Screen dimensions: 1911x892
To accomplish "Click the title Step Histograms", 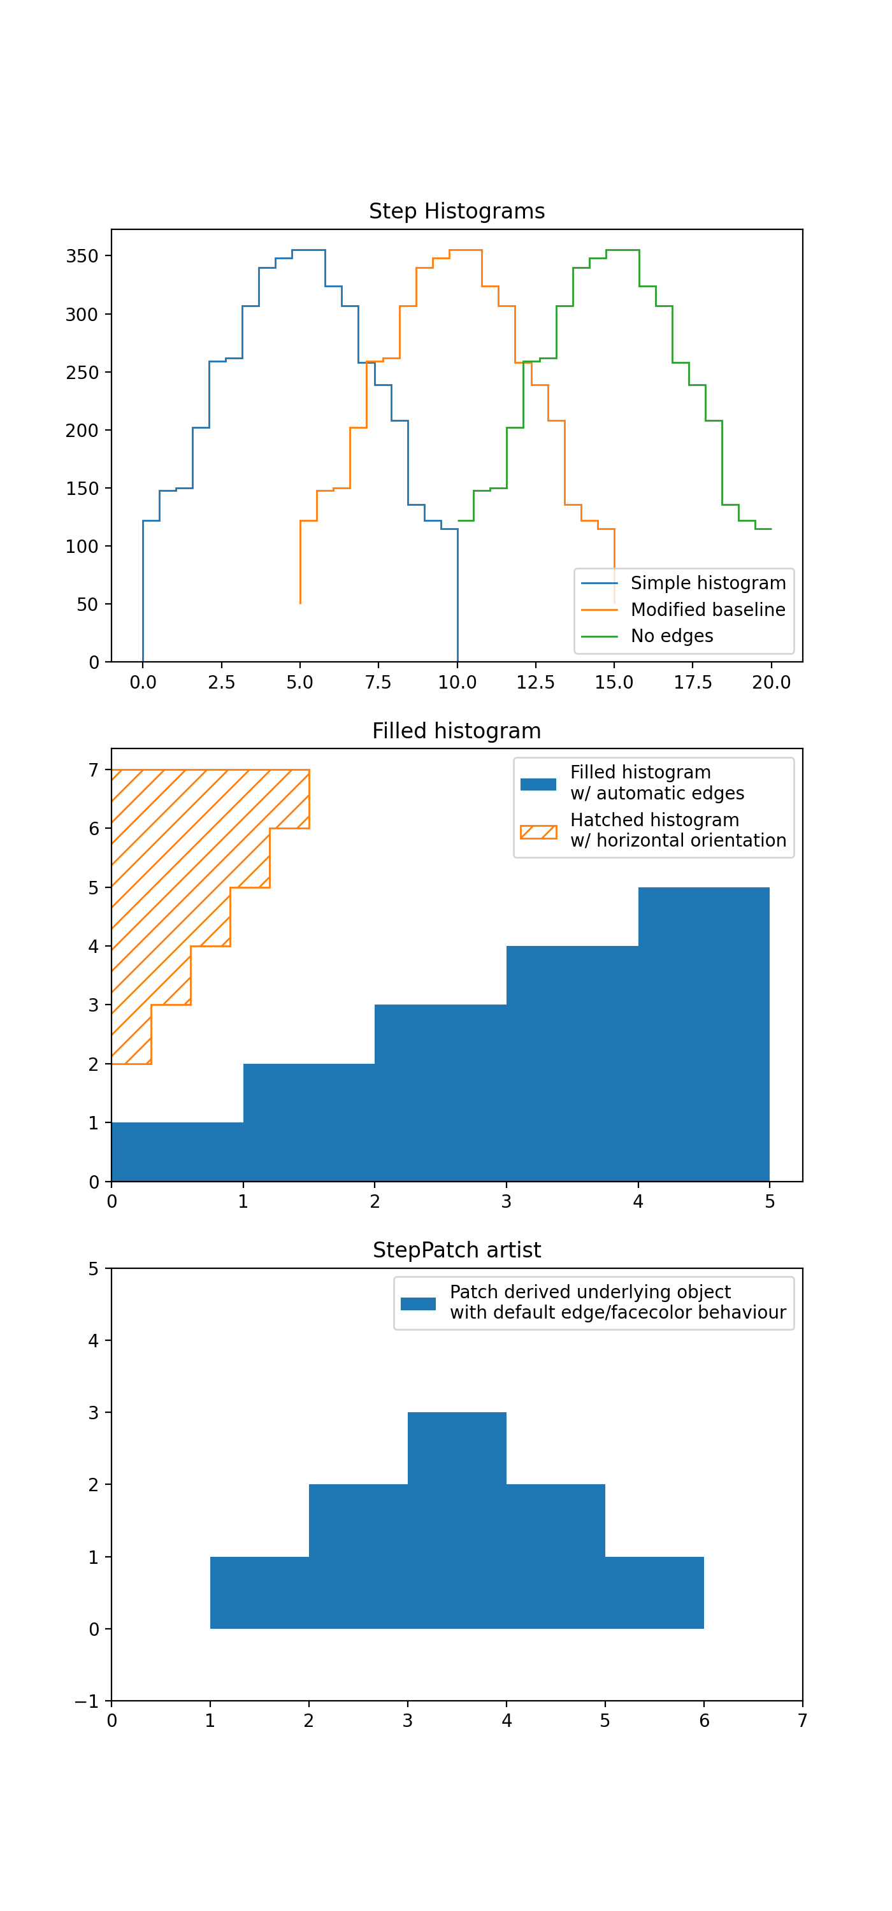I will pos(456,211).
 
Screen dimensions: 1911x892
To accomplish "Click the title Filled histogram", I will pos(456,731).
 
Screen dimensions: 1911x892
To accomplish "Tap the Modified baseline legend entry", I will pos(707,610).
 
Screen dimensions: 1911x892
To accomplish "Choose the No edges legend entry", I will pos(672,636).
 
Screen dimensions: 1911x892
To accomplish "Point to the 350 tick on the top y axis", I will pos(82,257).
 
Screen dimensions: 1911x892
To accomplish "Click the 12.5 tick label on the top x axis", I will pos(535,682).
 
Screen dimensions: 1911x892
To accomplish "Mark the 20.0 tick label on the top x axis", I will pos(771,682).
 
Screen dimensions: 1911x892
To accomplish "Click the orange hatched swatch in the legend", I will pos(538,832).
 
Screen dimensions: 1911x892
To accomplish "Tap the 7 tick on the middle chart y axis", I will pos(94,771).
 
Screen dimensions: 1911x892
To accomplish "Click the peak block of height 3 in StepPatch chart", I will pos(456,1447).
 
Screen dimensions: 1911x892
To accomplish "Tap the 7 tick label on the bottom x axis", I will pos(802,1721).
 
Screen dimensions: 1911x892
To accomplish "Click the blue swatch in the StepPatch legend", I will pos(418,1303).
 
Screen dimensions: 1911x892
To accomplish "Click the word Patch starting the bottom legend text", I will pos(473,1292).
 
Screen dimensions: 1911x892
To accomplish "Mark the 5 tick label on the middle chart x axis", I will pos(770,1202).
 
